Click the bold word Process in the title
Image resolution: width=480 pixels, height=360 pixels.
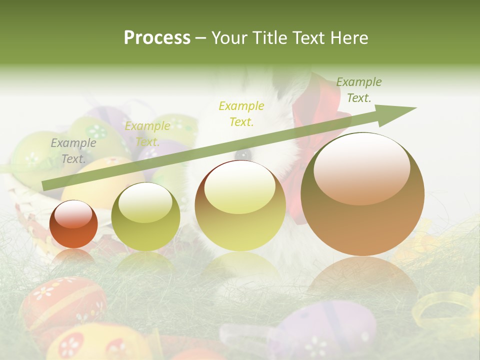coord(157,38)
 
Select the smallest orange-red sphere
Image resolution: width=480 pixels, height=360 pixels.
coord(73,224)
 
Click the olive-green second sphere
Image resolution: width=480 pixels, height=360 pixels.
coord(145,217)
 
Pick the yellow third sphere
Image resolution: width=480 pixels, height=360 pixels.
coord(240,206)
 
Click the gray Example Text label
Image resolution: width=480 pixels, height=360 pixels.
coord(73,150)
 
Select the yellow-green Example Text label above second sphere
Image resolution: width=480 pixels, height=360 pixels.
coord(147,133)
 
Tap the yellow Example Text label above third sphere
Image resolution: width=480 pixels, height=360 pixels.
coord(241,113)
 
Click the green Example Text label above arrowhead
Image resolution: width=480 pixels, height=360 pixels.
coord(358,89)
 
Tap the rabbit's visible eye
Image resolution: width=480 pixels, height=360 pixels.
coord(243,153)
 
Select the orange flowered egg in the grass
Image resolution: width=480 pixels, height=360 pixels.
coord(62,302)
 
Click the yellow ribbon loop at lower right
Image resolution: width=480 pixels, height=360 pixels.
coord(445,310)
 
